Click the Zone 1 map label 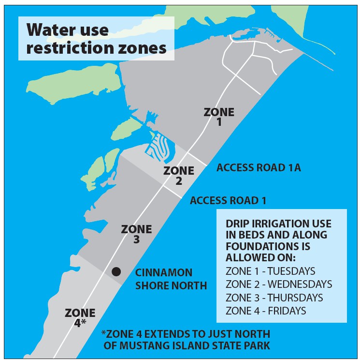coord(219,117)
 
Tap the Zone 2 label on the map coord(179,176)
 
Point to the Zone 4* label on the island coord(80,317)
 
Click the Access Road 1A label coord(259,168)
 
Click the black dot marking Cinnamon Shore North coord(116,271)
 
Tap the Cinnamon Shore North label coord(171,279)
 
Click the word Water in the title coord(50,30)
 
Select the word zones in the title coord(145,48)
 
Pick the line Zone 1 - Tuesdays coord(270,270)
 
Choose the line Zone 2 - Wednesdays coord(279,284)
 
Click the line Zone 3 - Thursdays coord(274,297)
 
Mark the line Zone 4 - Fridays coord(266,311)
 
